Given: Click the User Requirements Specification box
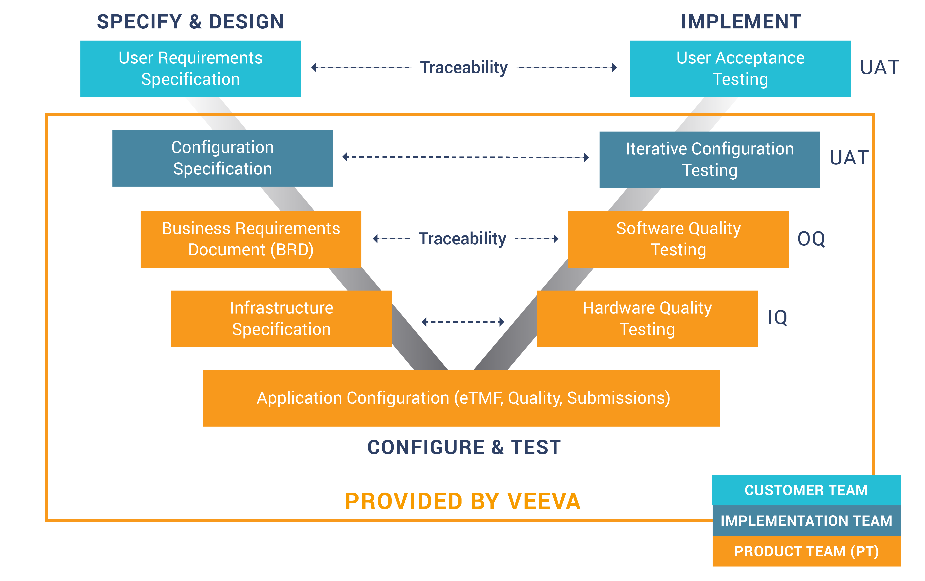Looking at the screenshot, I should tap(190, 69).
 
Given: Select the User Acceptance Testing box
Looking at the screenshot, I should tap(740, 69).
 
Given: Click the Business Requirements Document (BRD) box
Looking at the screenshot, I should tap(251, 239).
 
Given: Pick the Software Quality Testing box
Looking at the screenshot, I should tap(678, 239).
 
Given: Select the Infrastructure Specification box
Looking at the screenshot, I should tap(281, 318).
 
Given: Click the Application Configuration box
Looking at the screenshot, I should tap(461, 398).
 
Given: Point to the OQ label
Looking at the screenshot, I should tap(811, 239).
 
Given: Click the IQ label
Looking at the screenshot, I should tap(777, 318).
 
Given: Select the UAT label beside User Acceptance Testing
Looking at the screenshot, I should tap(879, 68).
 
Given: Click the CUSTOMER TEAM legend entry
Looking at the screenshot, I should tap(806, 490).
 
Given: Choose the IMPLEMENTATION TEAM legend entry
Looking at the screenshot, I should tap(806, 521).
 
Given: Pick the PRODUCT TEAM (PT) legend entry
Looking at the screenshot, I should tap(806, 551).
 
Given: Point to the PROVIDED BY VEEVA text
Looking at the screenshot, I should tap(463, 501).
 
